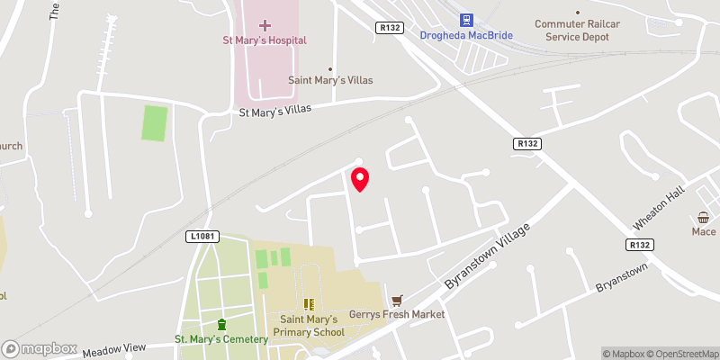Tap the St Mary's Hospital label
point(265,40)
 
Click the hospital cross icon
point(265,24)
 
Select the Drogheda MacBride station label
point(466,36)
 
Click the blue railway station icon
point(466,19)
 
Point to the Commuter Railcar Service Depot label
point(584,31)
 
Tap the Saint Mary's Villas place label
point(329,80)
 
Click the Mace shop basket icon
point(704,218)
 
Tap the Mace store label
point(704,232)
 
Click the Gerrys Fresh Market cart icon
point(397,299)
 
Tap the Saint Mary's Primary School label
point(309,326)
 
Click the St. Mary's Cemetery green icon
point(221,324)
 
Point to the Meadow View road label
point(113,348)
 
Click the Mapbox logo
point(39,348)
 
